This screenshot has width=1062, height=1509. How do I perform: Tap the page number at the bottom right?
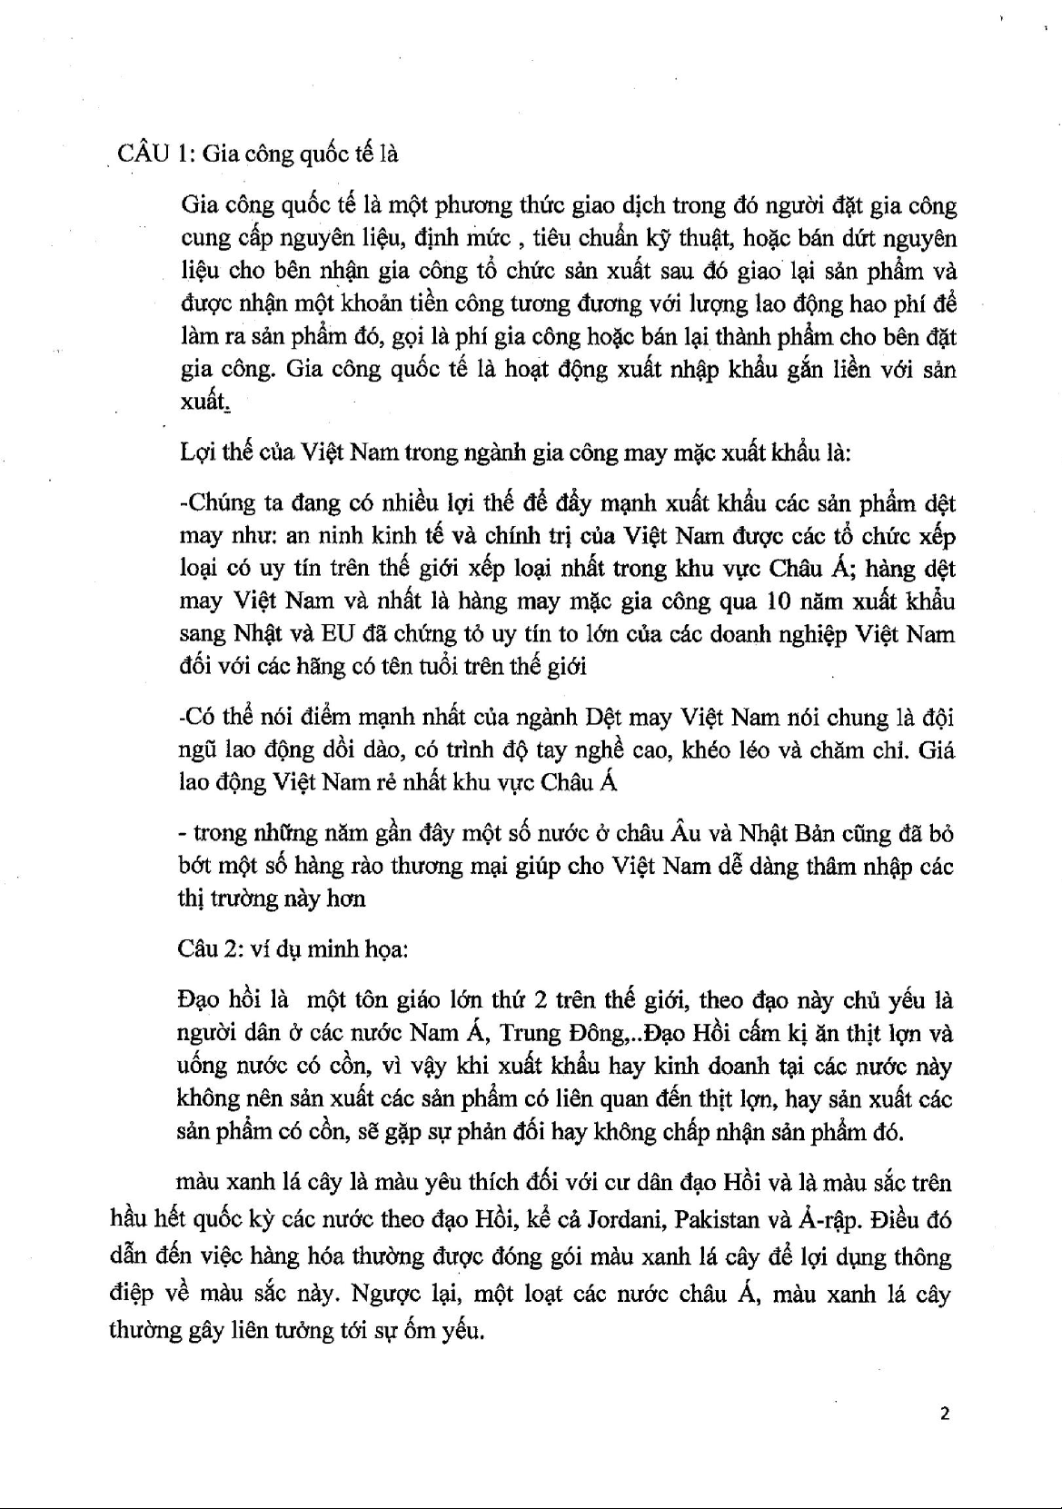945,1414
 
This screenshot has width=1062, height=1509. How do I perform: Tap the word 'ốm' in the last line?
421,1331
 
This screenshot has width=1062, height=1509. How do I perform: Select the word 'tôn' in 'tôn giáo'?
371,1001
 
